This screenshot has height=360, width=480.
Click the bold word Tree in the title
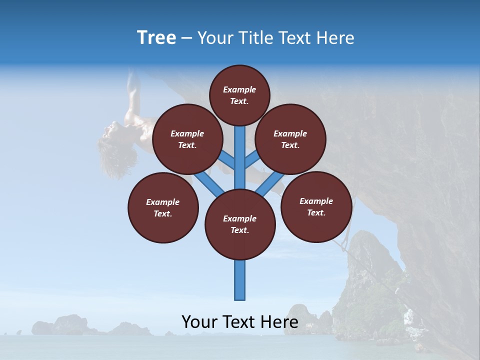click(x=156, y=38)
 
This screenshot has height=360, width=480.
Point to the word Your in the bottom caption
click(x=199, y=322)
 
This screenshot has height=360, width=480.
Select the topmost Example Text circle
click(x=239, y=95)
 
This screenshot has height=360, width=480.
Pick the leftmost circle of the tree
click(x=163, y=207)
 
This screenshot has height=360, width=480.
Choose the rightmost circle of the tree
click(x=316, y=206)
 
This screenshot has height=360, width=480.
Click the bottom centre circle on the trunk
click(x=240, y=224)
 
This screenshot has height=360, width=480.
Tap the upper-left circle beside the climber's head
click(x=187, y=139)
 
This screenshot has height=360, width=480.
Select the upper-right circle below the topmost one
click(x=290, y=139)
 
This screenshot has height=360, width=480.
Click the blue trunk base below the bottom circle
click(x=240, y=280)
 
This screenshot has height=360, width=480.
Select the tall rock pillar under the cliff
click(x=367, y=270)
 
